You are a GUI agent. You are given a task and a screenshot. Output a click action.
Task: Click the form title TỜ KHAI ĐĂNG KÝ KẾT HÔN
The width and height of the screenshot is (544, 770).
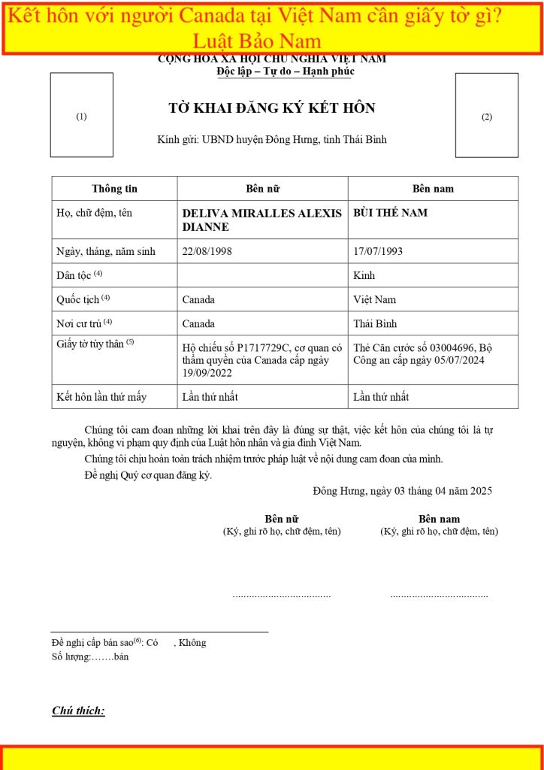(272, 108)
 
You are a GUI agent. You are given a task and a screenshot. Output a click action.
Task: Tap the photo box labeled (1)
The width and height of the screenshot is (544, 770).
(82, 115)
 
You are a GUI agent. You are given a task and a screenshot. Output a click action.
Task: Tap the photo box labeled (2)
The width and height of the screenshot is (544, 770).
(486, 115)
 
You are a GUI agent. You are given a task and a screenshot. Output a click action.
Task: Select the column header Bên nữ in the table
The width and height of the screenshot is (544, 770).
(262, 189)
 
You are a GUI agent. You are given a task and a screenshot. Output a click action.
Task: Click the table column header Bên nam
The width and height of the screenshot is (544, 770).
(433, 189)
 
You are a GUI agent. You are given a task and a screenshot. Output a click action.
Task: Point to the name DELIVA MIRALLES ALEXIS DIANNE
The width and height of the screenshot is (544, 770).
(261, 220)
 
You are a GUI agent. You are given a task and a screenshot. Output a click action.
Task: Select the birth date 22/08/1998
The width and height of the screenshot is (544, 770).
(207, 251)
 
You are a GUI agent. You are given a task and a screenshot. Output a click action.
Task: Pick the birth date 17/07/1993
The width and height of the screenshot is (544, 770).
(377, 251)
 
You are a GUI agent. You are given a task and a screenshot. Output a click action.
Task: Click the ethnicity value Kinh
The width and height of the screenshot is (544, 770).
(364, 275)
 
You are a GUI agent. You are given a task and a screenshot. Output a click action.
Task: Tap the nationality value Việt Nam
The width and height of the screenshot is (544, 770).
(374, 299)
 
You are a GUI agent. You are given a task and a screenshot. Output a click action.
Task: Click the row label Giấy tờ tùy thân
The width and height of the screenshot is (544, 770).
(95, 344)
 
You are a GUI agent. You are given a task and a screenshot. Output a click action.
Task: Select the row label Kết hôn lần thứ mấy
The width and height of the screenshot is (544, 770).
(101, 396)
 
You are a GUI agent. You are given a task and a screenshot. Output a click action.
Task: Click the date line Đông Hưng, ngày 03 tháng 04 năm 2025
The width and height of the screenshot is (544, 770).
(402, 491)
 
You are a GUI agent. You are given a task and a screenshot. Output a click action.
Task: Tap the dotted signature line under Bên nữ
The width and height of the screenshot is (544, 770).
(282, 596)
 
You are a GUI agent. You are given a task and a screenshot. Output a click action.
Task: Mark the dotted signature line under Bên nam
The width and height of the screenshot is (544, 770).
(439, 596)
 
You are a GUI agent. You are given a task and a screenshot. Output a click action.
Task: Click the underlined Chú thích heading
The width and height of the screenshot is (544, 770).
(78, 711)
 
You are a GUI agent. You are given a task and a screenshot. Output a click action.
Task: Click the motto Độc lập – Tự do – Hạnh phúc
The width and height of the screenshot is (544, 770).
(285, 71)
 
